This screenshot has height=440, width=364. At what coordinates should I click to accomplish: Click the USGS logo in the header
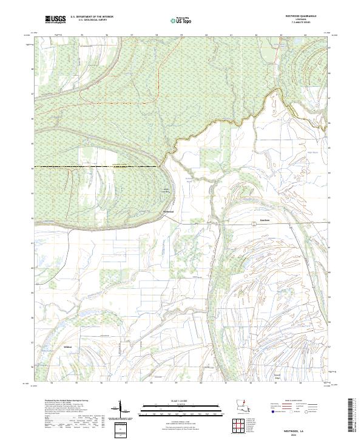pyautogui.click(x=55, y=20)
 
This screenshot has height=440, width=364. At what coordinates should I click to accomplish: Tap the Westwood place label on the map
pyautogui.click(x=168, y=211)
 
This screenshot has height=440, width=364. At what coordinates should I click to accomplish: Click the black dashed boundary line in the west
pyautogui.click(x=91, y=166)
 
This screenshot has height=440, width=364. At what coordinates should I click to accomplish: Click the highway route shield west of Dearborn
pyautogui.click(x=254, y=225)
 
